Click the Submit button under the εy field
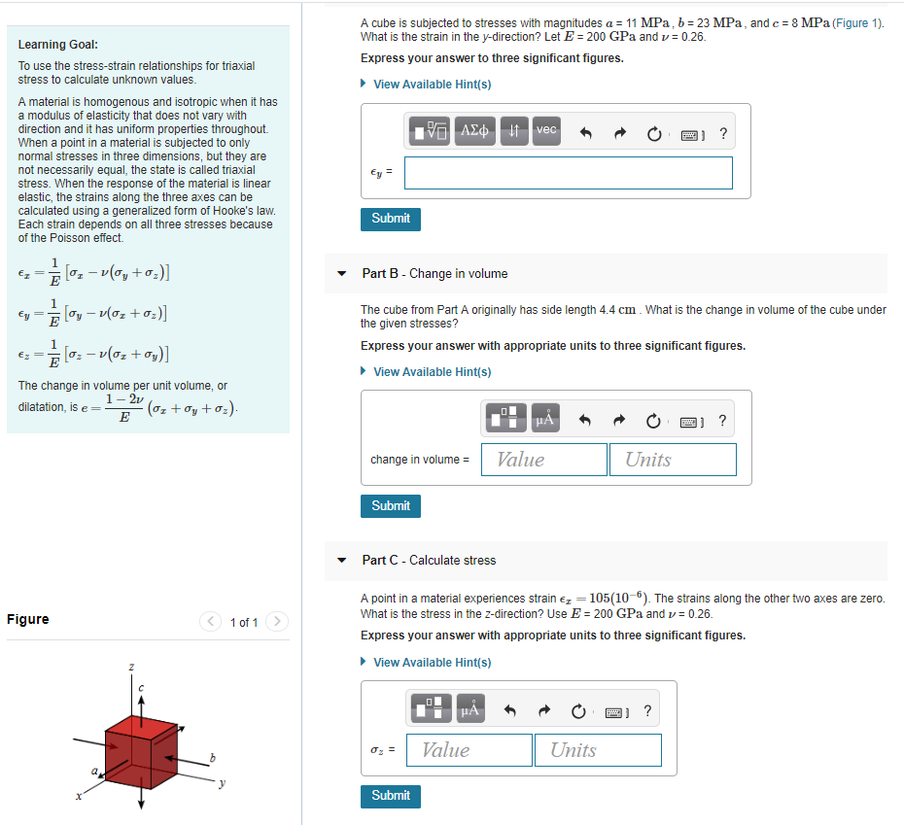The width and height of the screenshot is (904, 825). [x=391, y=219]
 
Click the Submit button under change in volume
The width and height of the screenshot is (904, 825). [x=391, y=505]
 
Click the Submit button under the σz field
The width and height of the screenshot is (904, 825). [x=391, y=795]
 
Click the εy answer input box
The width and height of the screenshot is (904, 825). [x=568, y=173]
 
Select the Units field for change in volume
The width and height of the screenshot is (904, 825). [x=673, y=460]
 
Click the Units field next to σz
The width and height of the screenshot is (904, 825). [x=598, y=749]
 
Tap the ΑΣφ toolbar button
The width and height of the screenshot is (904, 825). [x=476, y=129]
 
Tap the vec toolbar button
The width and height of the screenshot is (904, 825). [x=546, y=129]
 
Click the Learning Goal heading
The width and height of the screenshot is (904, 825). [x=57, y=45]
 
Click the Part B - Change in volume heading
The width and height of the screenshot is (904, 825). [x=435, y=274]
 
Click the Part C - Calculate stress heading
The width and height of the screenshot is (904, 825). [x=429, y=561]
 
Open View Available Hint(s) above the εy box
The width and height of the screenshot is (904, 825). [x=432, y=85]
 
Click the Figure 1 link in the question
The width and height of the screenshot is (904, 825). [x=855, y=22]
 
